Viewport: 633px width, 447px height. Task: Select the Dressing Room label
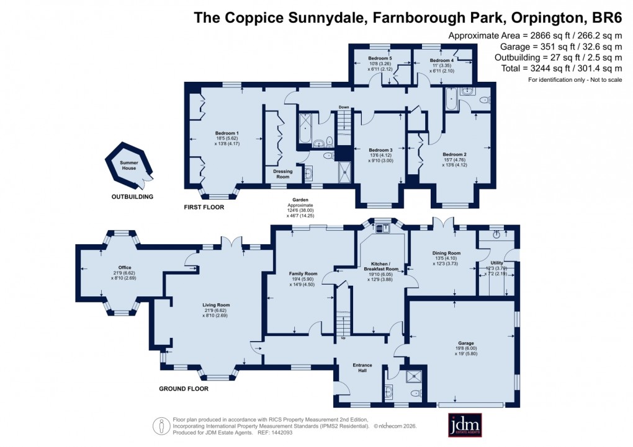[x=282, y=174]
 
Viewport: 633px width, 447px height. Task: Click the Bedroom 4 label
[x=443, y=60]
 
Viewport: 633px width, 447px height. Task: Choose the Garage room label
[x=466, y=343]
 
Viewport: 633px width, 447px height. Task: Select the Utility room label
[x=497, y=263]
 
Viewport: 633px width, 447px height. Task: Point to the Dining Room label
[x=446, y=253]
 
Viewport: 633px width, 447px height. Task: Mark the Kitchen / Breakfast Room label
[x=380, y=266]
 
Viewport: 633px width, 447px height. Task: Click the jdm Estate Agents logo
[x=465, y=425]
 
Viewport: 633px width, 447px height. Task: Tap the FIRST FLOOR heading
[x=204, y=207]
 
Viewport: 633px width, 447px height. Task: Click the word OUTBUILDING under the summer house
[x=132, y=197]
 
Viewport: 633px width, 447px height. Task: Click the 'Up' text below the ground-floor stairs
[x=343, y=339]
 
